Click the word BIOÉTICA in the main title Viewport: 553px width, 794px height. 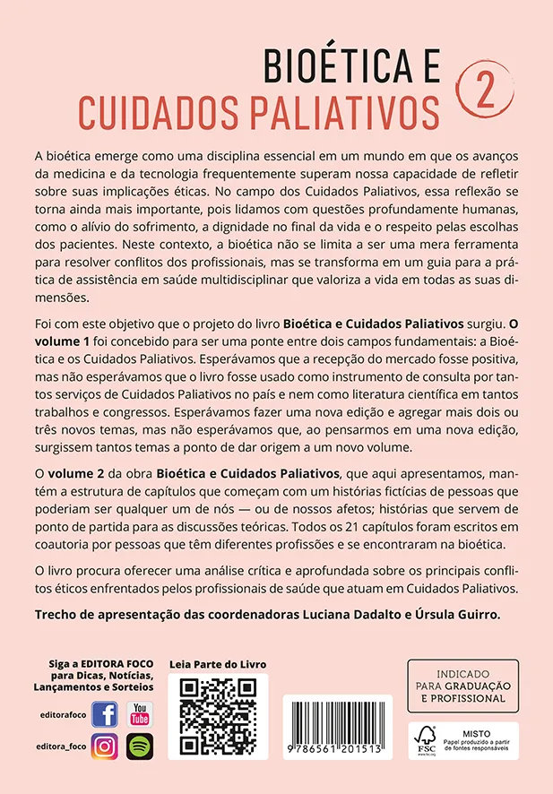click(x=341, y=67)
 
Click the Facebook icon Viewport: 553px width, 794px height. click(x=105, y=715)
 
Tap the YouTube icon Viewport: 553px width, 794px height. click(x=140, y=714)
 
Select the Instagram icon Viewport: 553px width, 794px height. click(x=105, y=746)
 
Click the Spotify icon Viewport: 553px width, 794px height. click(x=140, y=746)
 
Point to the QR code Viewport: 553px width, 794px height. click(x=218, y=717)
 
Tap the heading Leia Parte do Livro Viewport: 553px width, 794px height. click(x=218, y=664)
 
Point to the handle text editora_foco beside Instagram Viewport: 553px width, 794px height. click(x=65, y=746)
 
